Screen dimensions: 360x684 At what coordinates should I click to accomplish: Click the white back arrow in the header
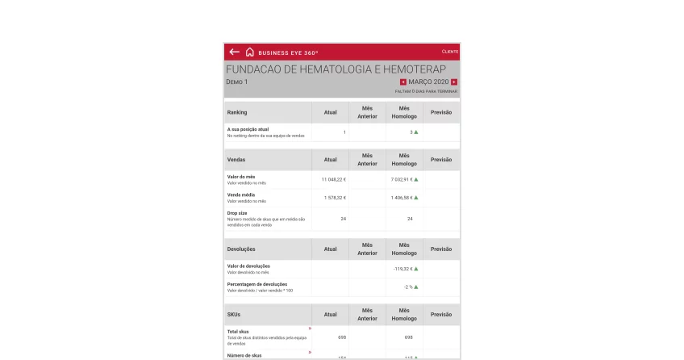coord(234,52)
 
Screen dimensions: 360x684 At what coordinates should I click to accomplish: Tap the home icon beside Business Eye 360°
coord(250,52)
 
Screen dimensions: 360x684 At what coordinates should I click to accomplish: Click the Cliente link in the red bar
coord(450,52)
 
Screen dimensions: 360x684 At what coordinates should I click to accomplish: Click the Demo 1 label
coord(236,82)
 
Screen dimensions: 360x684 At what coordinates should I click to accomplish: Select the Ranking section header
coord(237,112)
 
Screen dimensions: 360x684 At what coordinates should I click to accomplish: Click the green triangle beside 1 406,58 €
coord(416,198)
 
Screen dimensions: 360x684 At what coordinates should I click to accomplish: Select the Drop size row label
coord(237,213)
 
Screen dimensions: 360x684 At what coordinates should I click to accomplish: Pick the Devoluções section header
coord(241,249)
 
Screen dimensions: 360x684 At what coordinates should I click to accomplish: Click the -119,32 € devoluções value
coord(402,269)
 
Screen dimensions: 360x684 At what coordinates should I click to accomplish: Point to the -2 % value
coord(408,287)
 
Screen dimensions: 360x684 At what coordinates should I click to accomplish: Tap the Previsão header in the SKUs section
coord(441,314)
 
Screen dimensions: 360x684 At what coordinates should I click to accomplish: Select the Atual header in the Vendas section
coord(330,159)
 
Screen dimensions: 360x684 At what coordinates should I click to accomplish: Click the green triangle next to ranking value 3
coord(416,132)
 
